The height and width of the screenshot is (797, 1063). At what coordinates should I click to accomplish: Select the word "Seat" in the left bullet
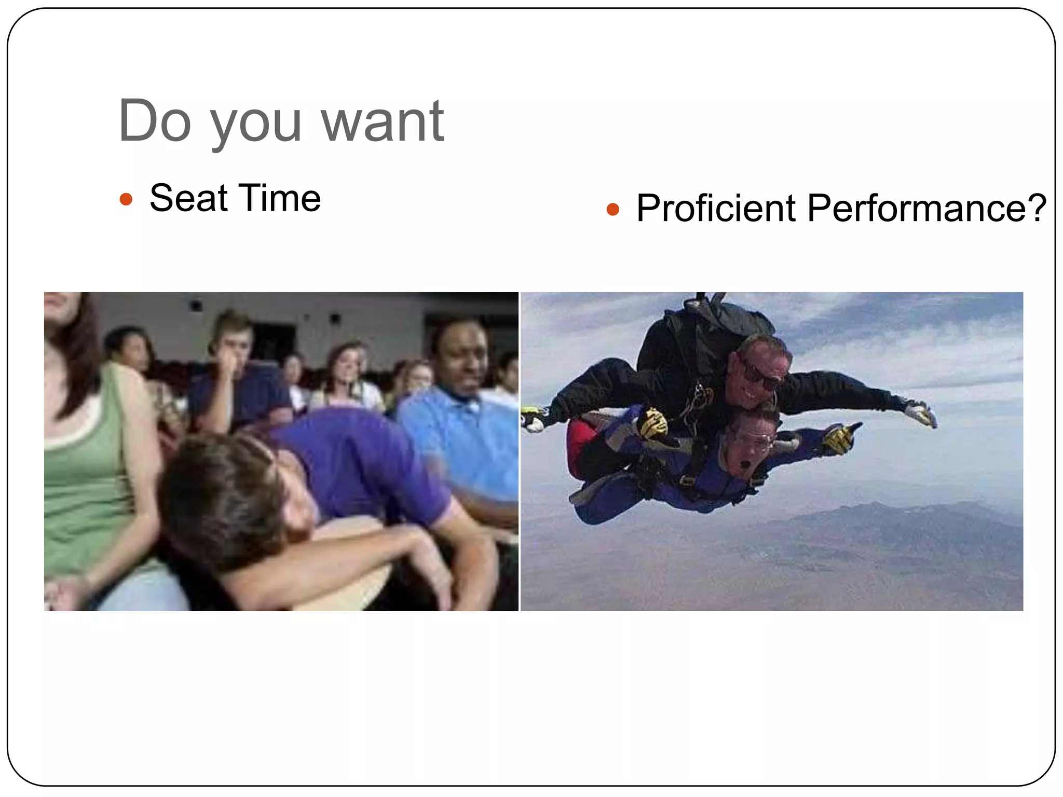coord(188,198)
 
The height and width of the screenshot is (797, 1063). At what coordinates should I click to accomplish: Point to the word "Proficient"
coord(716,208)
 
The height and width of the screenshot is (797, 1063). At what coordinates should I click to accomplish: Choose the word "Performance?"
coord(926,208)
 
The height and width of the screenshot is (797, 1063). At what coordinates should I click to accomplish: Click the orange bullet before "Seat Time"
coord(126,199)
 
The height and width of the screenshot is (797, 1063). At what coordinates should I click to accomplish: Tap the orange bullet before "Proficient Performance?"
coord(613,209)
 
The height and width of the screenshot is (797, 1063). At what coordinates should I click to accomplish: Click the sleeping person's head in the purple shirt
coord(228,493)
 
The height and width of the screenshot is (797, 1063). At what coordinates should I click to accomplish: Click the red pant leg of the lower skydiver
coord(579,446)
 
